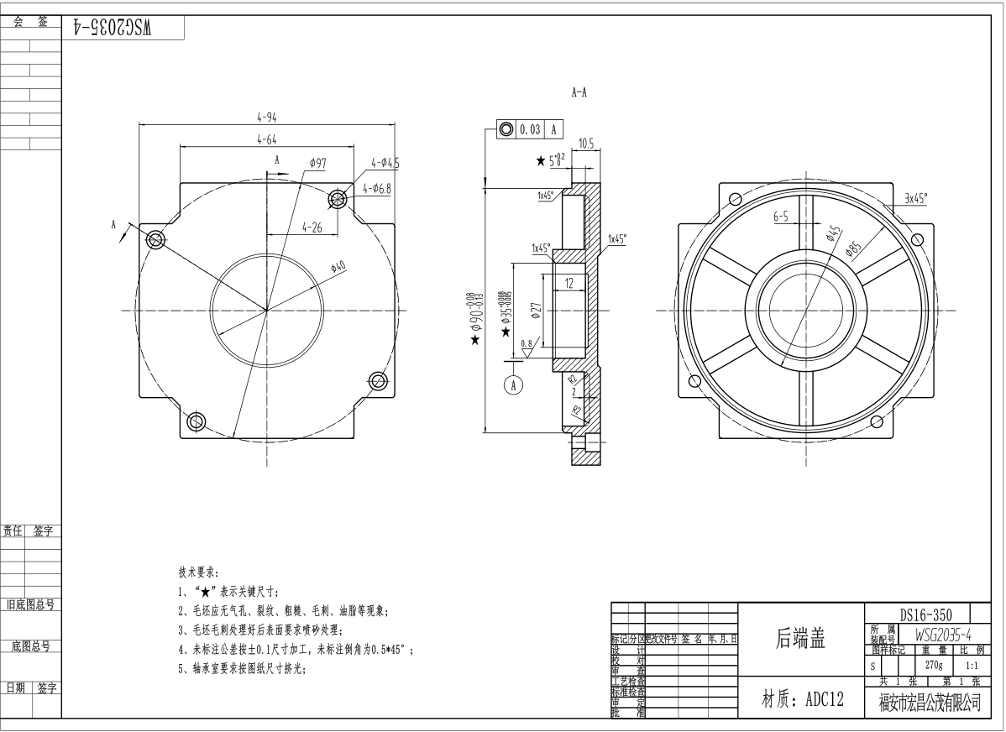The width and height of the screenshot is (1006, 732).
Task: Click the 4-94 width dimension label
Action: (x=266, y=117)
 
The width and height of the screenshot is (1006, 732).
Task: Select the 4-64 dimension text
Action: (x=266, y=139)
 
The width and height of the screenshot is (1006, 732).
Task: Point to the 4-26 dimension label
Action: (x=311, y=227)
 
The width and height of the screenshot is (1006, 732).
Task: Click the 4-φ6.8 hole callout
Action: (x=377, y=189)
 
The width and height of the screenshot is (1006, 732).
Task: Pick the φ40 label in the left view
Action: (x=338, y=267)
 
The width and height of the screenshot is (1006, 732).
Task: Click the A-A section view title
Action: (x=579, y=93)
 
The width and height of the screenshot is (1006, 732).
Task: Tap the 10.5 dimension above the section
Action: (x=585, y=144)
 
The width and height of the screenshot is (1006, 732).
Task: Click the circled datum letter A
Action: (x=513, y=384)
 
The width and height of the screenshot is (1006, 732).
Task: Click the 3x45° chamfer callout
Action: (x=915, y=198)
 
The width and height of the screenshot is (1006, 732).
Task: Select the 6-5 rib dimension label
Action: (x=781, y=217)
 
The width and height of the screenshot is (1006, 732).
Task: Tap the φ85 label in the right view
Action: (x=855, y=248)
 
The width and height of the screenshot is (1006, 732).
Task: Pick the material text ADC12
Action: (x=802, y=700)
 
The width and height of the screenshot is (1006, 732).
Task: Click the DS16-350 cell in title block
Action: (x=918, y=614)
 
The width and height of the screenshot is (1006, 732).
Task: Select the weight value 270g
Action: (x=934, y=664)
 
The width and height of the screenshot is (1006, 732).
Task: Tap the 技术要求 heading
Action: (x=198, y=572)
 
